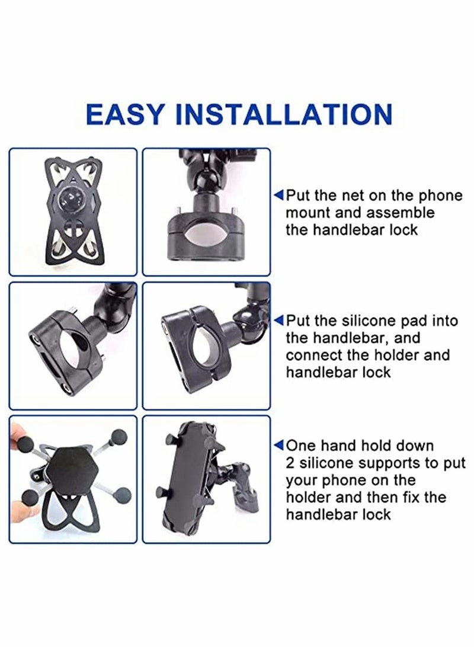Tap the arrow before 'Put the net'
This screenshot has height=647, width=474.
[x=278, y=195]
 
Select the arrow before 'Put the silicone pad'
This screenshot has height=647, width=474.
[x=278, y=321]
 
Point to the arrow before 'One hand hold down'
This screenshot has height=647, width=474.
[x=278, y=446]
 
